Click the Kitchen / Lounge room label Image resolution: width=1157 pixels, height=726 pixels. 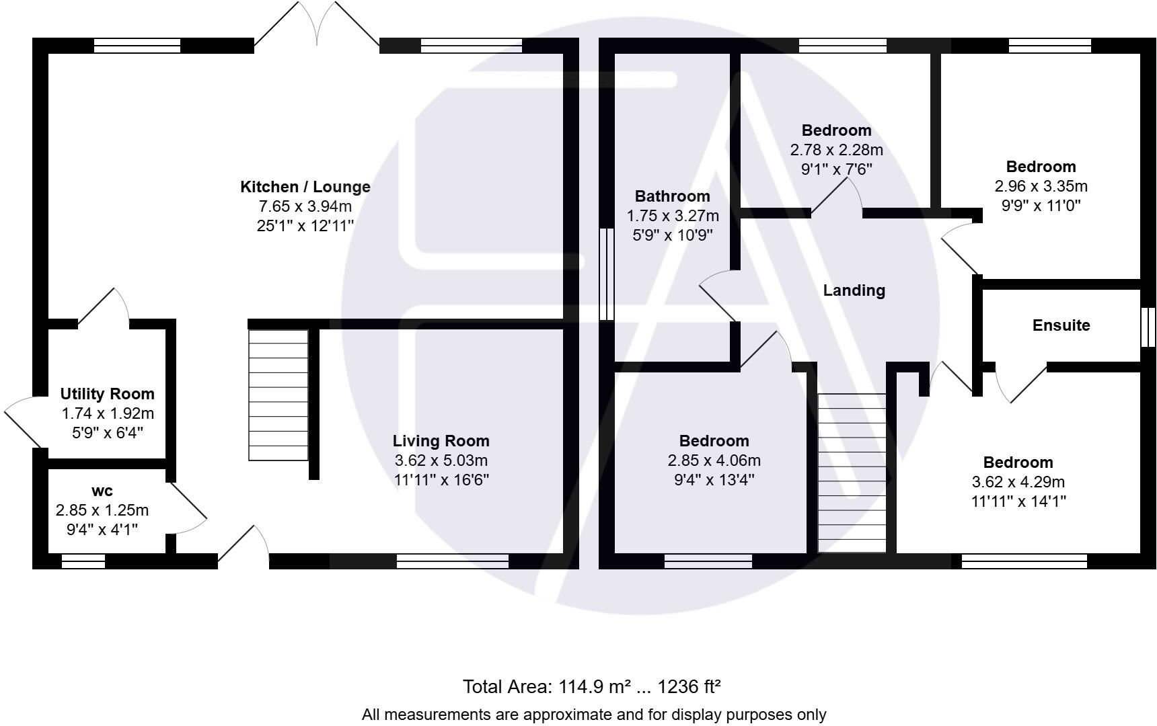pyautogui.click(x=305, y=187)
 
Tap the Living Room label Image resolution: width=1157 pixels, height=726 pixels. pyautogui.click(x=441, y=441)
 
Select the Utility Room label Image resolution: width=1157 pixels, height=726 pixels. pyautogui.click(x=107, y=394)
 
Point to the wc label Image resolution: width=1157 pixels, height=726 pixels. pyautogui.click(x=102, y=491)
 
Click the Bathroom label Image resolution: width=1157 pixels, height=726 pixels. pyautogui.click(x=672, y=196)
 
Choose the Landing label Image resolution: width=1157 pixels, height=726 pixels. pyautogui.click(x=854, y=290)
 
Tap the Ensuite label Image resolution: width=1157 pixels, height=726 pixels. pyautogui.click(x=1061, y=325)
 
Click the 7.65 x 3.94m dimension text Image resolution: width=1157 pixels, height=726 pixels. pyautogui.click(x=305, y=206)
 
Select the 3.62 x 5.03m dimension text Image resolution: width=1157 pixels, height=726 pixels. pyautogui.click(x=441, y=460)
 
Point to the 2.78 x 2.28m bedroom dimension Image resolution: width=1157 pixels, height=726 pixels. pyautogui.click(x=836, y=150)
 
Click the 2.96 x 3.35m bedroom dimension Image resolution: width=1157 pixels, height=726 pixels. pyautogui.click(x=1041, y=186)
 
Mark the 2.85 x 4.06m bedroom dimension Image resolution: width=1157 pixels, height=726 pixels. pyautogui.click(x=714, y=460)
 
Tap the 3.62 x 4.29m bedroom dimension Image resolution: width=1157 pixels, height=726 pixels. pyautogui.click(x=1018, y=482)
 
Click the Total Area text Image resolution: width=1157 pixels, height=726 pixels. pyautogui.click(x=591, y=687)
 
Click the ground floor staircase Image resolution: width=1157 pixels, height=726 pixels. pyautogui.click(x=278, y=395)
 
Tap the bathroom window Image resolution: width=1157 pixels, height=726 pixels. pyautogui.click(x=606, y=274)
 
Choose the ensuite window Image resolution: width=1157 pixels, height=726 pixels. pyautogui.click(x=1148, y=327)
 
